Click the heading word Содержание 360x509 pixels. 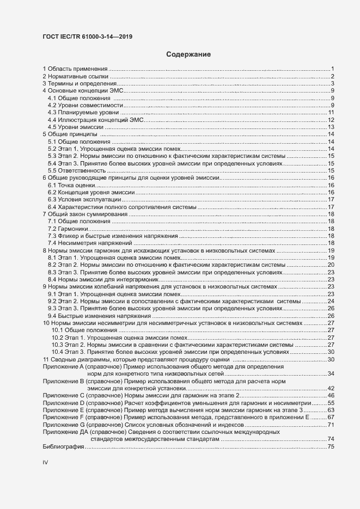point(188,54)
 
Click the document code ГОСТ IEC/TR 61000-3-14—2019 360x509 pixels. point(88,37)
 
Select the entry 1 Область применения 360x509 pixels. point(76,69)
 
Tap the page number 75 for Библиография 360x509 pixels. point(330,446)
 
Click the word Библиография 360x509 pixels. point(63,446)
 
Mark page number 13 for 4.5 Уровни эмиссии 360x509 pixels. point(330,127)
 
